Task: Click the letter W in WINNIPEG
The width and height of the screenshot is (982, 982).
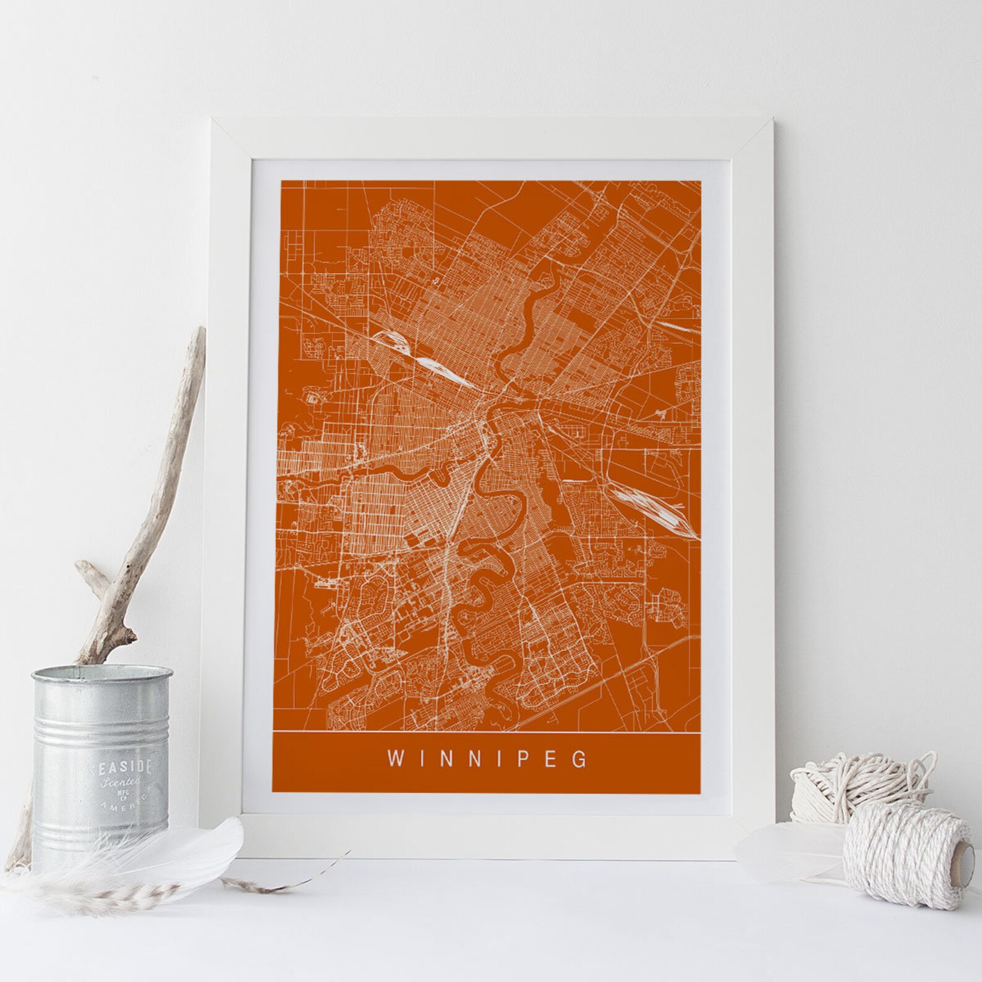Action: click(394, 759)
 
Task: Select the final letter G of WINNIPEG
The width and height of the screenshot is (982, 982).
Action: click(579, 759)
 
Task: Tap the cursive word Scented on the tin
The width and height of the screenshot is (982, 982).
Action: click(124, 784)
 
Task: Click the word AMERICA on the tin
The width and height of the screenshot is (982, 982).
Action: click(132, 812)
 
